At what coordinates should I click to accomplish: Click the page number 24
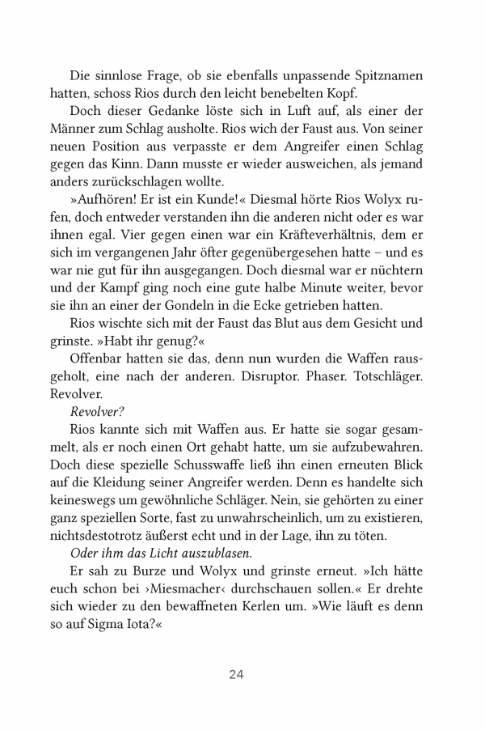(236, 674)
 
